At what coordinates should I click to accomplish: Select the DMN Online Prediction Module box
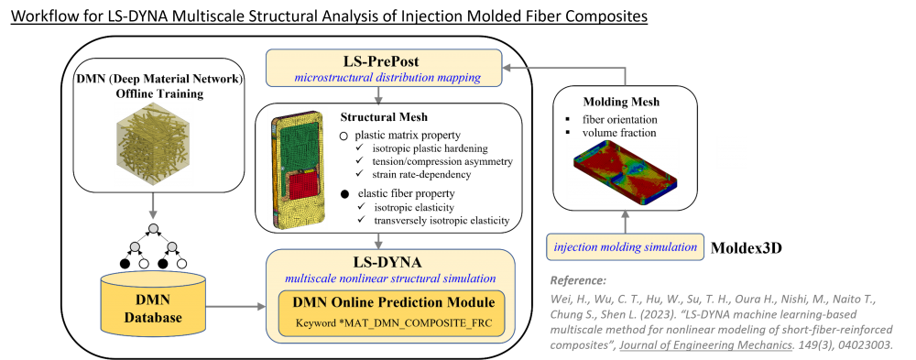391,313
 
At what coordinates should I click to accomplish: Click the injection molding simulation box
625,247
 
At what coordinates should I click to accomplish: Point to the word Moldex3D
746,248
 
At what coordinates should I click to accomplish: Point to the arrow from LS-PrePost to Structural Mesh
380,94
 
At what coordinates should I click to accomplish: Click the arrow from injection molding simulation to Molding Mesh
625,222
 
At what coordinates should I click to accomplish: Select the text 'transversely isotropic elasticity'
442,220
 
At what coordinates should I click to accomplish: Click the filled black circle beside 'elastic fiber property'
345,193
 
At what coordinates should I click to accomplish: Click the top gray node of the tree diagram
153,227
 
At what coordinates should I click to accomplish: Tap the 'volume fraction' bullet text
619,133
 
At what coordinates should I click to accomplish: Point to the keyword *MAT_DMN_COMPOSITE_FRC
391,322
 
